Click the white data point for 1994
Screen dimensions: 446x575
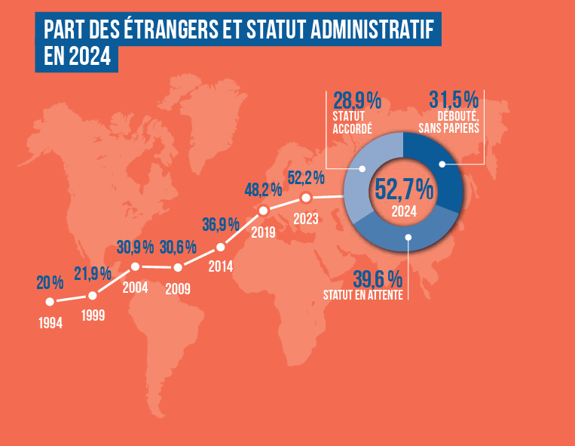50,301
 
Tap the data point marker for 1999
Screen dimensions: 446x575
92,295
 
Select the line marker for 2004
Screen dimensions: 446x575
135,266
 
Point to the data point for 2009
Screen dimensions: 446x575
178,267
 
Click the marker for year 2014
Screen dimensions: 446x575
221,247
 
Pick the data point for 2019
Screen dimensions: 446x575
263,210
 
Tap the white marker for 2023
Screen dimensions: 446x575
306,198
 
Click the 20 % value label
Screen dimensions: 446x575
50,283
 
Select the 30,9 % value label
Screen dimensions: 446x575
135,247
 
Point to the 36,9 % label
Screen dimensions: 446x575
221,224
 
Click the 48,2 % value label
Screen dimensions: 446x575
263,189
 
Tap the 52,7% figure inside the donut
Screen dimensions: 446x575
405,187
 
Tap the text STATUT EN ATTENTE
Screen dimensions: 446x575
362,294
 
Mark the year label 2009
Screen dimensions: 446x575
178,288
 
